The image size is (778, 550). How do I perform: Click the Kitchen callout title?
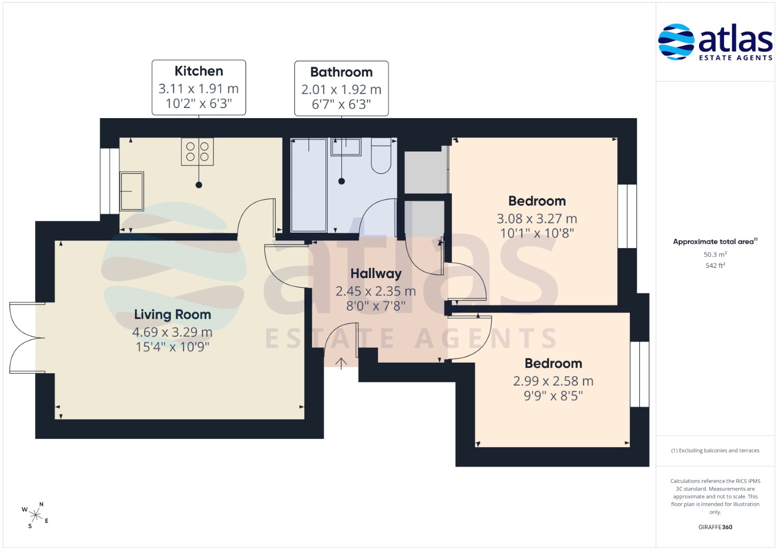(199, 71)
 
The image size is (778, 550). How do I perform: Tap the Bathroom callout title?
(341, 72)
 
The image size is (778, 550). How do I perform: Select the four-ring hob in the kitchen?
(197, 151)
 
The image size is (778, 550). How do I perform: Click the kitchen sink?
(131, 191)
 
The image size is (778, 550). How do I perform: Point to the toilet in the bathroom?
(381, 155)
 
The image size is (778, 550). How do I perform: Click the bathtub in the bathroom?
(309, 185)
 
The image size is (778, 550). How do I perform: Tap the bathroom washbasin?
(346, 147)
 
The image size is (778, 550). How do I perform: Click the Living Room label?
(173, 315)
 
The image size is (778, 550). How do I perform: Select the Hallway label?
(376, 273)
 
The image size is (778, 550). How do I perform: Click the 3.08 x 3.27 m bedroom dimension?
(537, 219)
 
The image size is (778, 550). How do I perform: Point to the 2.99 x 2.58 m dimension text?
(553, 381)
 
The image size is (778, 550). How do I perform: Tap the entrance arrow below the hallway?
(341, 364)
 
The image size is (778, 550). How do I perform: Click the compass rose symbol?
(36, 515)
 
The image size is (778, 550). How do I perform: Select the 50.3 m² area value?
(715, 254)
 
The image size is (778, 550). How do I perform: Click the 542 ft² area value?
(715, 265)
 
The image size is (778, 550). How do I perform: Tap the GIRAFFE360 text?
(715, 527)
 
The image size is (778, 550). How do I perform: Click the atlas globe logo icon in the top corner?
(676, 42)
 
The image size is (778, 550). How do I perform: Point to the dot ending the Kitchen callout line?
(199, 185)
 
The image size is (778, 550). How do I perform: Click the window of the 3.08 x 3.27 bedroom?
(627, 216)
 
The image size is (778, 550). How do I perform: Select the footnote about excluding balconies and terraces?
(715, 451)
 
